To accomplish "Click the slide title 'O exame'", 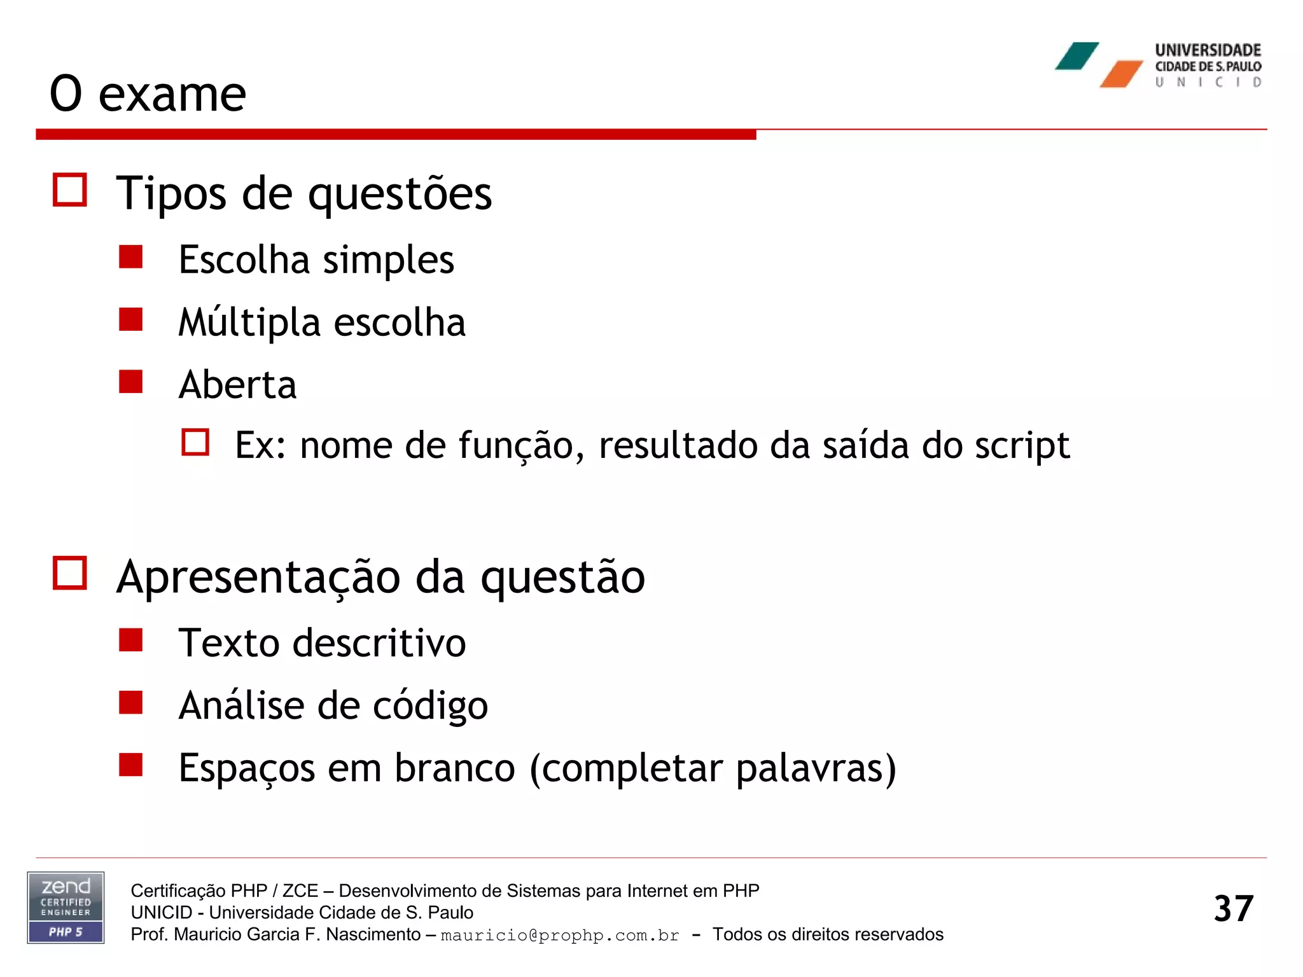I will [148, 94].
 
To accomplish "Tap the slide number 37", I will [1233, 908].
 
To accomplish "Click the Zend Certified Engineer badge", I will [66, 907].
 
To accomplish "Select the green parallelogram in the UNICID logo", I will [1077, 56].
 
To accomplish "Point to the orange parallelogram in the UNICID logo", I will [1121, 74].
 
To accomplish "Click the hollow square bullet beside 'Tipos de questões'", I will [70, 190].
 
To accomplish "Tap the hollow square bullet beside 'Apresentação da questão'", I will [70, 573].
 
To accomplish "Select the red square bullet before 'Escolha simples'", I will [130, 258].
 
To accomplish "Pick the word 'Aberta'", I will [237, 385].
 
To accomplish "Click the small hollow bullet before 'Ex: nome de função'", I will [195, 442].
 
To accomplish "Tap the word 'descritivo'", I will [379, 642].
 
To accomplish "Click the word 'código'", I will [430, 706].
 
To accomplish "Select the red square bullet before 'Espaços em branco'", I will [130, 765].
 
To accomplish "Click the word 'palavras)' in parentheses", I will [816, 768].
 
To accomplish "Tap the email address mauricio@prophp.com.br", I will [560, 935].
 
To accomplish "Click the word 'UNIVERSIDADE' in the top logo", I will [1208, 50].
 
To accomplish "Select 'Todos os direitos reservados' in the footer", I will [828, 934].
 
